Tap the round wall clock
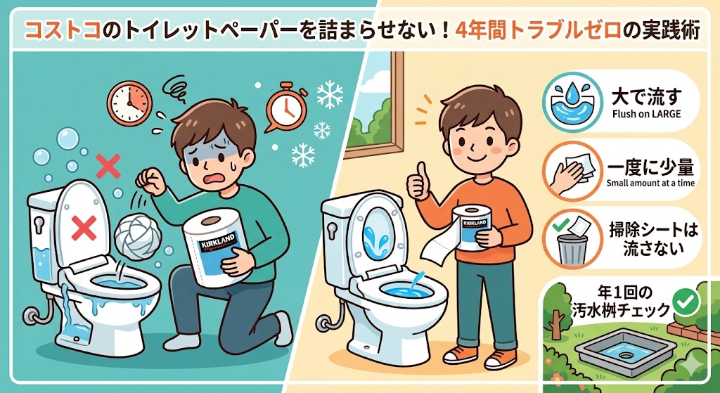point(129,101)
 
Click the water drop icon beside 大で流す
point(572,102)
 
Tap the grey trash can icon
point(571,250)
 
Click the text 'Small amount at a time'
point(650,183)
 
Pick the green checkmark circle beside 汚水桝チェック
point(685,302)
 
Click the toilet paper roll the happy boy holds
point(470,228)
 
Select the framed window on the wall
point(374,103)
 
